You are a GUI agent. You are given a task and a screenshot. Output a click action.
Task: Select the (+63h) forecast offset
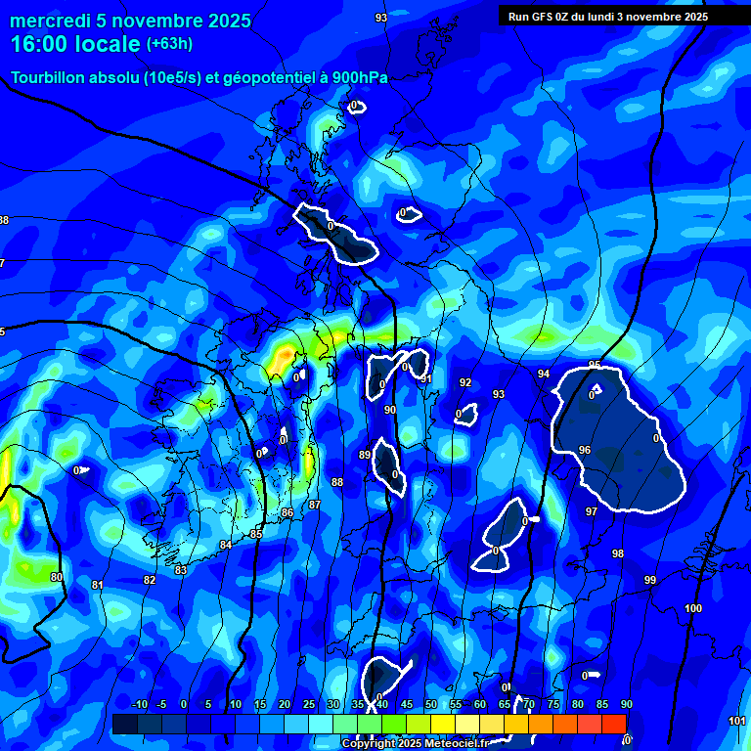tap(169, 44)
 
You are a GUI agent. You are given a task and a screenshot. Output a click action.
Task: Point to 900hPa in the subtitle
tap(356, 78)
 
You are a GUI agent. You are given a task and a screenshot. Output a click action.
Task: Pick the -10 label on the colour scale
tap(139, 705)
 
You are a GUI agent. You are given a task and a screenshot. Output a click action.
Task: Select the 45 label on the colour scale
tap(406, 705)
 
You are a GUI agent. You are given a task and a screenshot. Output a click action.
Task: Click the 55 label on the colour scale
tap(456, 705)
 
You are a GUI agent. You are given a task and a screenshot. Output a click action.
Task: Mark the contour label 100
tap(693, 608)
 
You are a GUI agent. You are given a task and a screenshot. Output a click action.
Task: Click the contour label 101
tap(737, 721)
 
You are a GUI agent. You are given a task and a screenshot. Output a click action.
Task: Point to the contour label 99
tap(650, 580)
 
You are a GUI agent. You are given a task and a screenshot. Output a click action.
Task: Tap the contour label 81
tap(97, 585)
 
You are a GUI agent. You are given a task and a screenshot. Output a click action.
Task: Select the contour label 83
tap(180, 570)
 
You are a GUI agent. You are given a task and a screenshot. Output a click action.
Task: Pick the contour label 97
tap(591, 511)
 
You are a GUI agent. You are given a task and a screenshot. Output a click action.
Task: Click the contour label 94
tap(544, 374)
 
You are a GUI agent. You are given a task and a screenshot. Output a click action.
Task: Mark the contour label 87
tap(314, 505)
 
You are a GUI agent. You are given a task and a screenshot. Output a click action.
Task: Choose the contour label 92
tap(465, 382)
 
